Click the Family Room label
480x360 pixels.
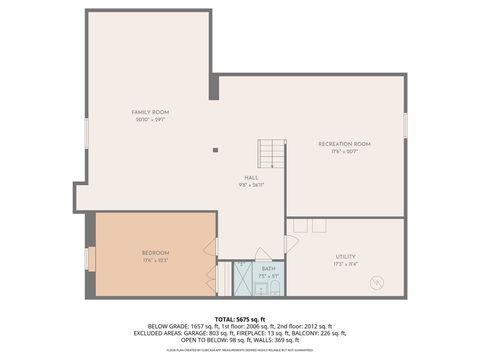[150, 111]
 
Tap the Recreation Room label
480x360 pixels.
[344, 144]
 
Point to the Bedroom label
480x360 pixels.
[155, 252]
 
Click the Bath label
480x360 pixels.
[268, 268]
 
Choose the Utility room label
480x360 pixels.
[345, 257]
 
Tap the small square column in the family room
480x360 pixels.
[215, 150]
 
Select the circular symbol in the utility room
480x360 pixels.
[377, 283]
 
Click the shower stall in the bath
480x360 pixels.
[244, 279]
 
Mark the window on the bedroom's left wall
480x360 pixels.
[90, 259]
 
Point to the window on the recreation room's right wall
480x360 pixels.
[405, 125]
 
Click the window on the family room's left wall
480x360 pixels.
[86, 133]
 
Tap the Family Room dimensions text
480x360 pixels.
[150, 119]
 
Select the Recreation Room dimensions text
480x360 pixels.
[344, 152]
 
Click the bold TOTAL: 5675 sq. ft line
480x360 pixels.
[240, 319]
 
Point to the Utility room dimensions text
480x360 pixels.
[345, 265]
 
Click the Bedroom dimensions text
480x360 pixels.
[155, 260]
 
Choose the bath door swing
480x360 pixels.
[262, 254]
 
